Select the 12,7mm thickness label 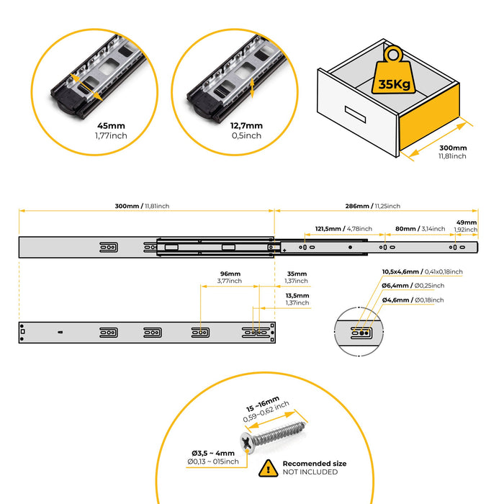248,125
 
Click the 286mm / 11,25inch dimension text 372,206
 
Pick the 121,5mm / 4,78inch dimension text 336,229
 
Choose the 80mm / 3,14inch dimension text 416,229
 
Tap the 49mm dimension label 467,223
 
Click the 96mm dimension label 230,274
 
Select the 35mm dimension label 296,274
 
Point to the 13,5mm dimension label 297,295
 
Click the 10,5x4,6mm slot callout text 422,271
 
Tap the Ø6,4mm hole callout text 413,285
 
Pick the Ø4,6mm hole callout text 413,299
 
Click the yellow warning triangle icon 268,468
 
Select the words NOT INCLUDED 310,472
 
